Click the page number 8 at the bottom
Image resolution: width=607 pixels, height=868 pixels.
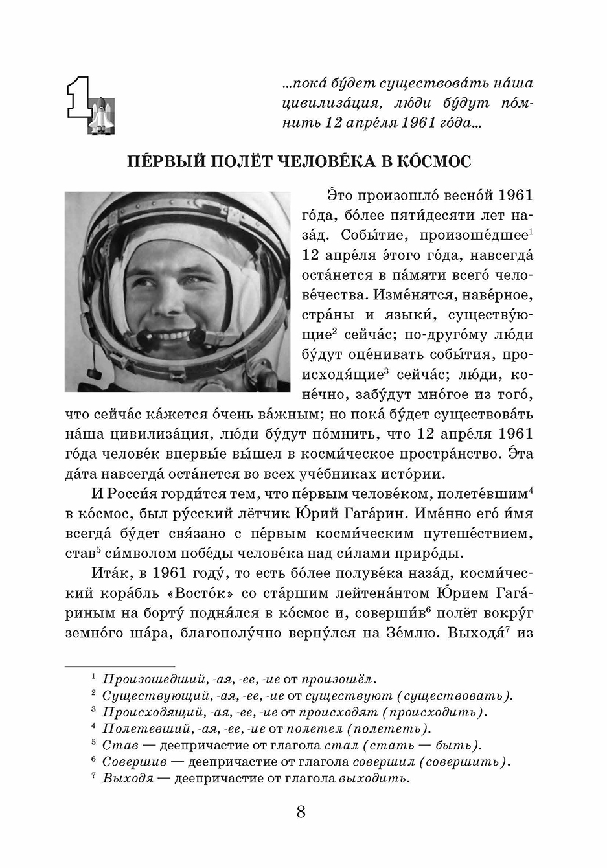pos(301,812)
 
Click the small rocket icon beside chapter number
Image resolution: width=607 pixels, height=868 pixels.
pos(103,117)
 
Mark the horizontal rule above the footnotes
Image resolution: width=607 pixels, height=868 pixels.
pos(120,666)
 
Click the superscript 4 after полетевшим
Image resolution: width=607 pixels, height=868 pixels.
pos(530,490)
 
